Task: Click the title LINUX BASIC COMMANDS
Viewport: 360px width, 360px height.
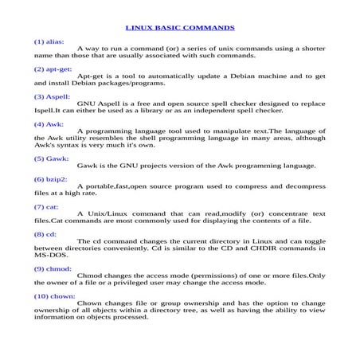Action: [180, 26]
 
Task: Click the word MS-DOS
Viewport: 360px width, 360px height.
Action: [49, 255]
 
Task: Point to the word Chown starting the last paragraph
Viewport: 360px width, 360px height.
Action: [89, 303]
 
